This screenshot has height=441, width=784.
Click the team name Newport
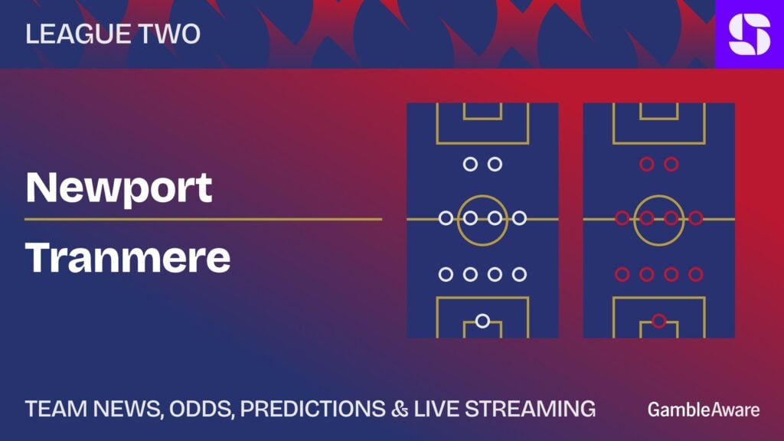[119, 189]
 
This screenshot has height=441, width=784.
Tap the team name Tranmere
[128, 257]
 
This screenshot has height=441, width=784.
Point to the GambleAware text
[704, 410]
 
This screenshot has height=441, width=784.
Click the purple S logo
[750, 34]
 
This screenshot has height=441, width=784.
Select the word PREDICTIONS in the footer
[313, 409]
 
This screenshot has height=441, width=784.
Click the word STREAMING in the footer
[530, 409]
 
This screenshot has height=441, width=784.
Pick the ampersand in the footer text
[400, 409]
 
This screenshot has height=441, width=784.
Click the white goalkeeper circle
[482, 321]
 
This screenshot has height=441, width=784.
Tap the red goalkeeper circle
[659, 321]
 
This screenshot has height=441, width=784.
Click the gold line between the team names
[204, 219]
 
